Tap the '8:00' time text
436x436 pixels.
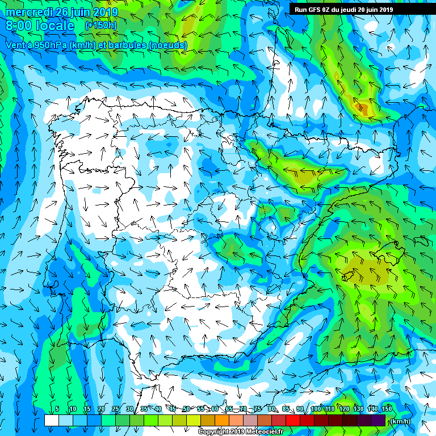tap(19, 26)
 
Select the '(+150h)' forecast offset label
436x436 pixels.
tap(100, 26)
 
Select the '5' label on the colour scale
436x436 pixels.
tap(57, 409)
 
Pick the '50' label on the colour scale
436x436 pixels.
tap(187, 409)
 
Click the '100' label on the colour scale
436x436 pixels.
tap(316, 409)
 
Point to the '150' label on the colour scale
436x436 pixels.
tap(387, 409)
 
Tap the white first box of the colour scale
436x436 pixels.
tap(51, 421)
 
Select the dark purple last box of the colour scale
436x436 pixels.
tap(378, 421)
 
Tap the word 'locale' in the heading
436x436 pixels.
tap(55, 26)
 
